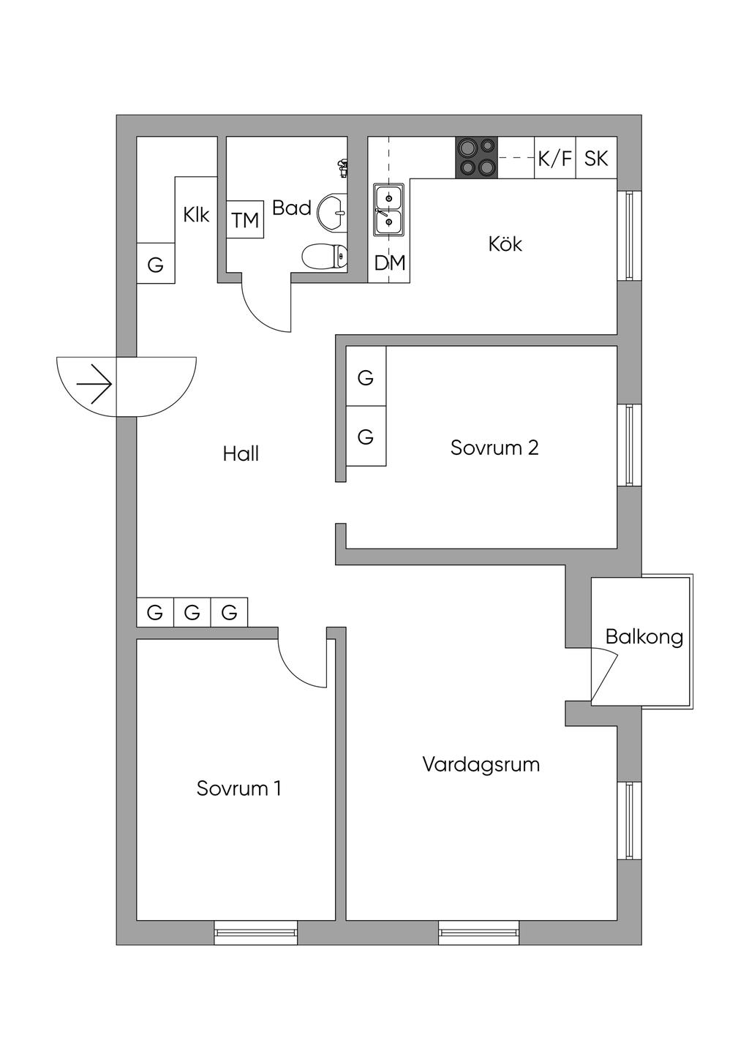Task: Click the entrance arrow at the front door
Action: point(94,384)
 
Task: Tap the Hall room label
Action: point(241,454)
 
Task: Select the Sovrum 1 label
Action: point(238,788)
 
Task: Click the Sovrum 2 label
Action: point(494,448)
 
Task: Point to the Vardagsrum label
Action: point(481,764)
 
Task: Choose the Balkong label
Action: point(644,638)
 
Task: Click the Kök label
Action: point(505,244)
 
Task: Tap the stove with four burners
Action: point(477,157)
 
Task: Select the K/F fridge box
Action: point(555,157)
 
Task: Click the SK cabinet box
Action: point(596,157)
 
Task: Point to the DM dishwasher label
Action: point(390,263)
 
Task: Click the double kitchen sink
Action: point(390,209)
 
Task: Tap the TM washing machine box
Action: point(245,220)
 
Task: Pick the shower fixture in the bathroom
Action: point(342,167)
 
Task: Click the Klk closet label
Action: point(196,215)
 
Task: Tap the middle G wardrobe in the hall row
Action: point(192,613)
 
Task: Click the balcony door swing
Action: point(604,674)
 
